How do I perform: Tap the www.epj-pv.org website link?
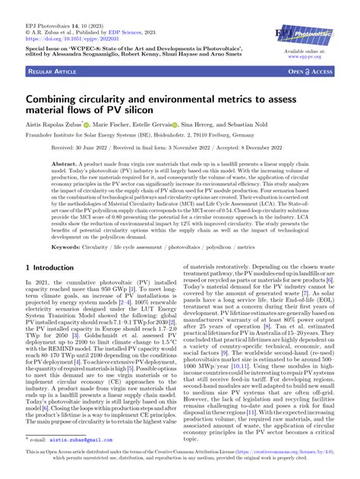pos(311,56)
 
